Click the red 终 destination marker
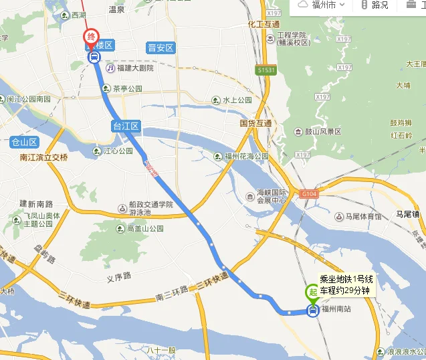click(91, 37)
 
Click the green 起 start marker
click(312, 292)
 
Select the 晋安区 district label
click(161, 48)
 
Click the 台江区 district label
click(125, 126)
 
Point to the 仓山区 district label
click(24, 142)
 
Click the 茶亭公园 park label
click(127, 88)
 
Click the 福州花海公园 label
click(245, 156)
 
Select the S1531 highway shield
click(265, 69)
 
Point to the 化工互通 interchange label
click(262, 23)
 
